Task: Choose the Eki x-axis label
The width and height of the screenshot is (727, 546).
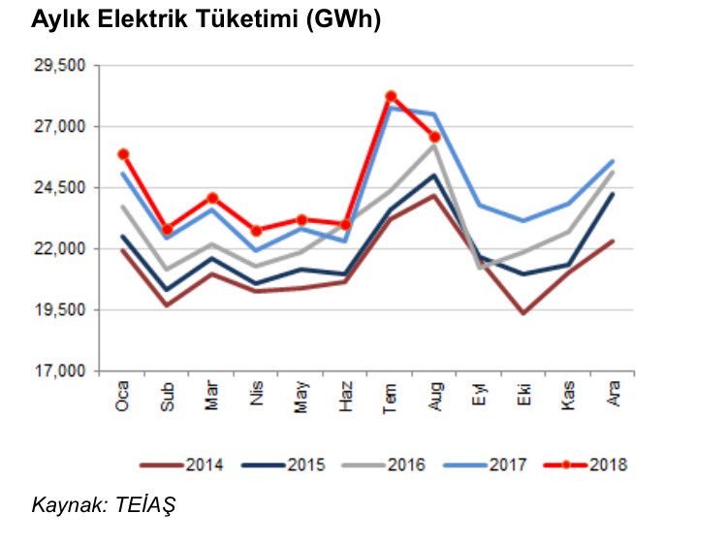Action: click(x=523, y=396)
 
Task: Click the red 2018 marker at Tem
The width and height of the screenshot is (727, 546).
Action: click(x=391, y=96)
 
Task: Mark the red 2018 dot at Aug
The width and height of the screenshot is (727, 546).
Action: click(x=435, y=137)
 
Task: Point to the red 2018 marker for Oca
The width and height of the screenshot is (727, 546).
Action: click(x=123, y=154)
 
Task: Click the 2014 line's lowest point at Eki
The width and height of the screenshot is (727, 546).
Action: click(x=523, y=313)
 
